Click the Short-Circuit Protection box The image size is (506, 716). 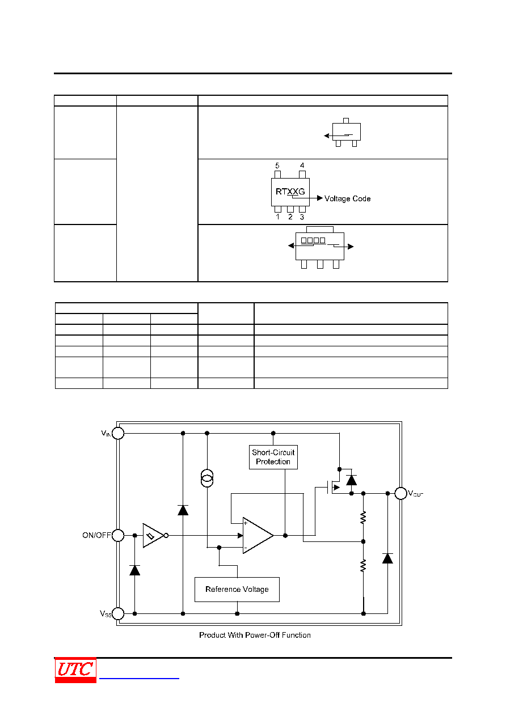(x=273, y=457)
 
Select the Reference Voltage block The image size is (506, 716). (x=237, y=590)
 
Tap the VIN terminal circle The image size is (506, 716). (x=118, y=433)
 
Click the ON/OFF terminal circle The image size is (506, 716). (x=118, y=535)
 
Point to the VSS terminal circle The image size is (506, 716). (x=118, y=613)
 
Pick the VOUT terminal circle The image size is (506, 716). (x=400, y=493)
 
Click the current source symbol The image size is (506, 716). (x=207, y=478)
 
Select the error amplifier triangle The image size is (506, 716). (x=258, y=535)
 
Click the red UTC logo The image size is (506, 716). (x=75, y=670)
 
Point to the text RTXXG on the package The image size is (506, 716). (x=290, y=192)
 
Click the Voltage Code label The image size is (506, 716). (x=347, y=198)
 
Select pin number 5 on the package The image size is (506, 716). (x=277, y=166)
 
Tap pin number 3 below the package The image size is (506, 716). (x=302, y=217)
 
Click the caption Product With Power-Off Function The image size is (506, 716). (x=255, y=635)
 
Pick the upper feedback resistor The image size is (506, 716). (x=363, y=518)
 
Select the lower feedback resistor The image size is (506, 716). (x=363, y=565)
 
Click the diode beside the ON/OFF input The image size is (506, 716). (x=134, y=570)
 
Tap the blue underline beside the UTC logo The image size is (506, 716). (x=139, y=678)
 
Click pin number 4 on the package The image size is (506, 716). (x=302, y=166)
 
